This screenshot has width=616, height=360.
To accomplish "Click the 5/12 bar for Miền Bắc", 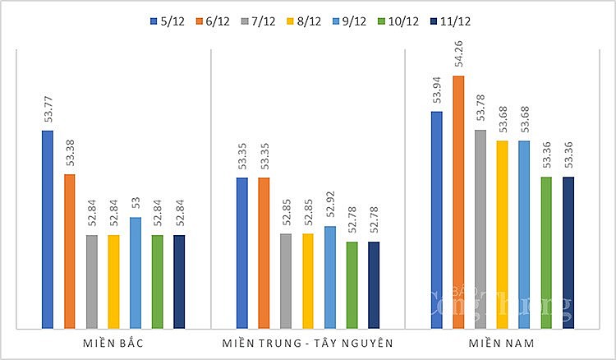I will click(48, 229).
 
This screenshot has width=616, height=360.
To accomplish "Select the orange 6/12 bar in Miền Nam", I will click(458, 202).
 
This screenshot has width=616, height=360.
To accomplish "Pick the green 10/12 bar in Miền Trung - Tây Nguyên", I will click(352, 285).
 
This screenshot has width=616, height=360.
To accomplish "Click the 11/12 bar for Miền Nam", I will click(568, 253).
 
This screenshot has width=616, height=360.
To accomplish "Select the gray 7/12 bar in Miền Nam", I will click(480, 229).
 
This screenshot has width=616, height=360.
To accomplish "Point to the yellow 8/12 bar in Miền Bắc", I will click(113, 282).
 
